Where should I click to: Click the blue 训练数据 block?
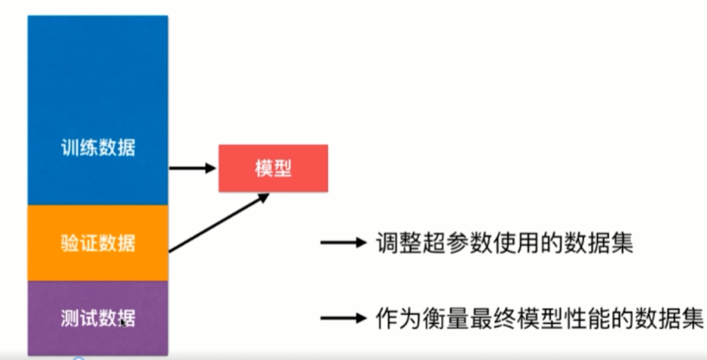tap(98, 109)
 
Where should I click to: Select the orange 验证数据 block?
tap(98, 243)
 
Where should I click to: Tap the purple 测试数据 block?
tap(98, 318)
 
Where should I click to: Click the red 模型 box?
tap(273, 168)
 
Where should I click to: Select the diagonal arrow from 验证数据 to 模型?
tap(219, 222)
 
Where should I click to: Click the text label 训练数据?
tap(98, 149)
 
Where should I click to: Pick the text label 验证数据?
tap(98, 243)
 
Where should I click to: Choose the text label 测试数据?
tap(98, 319)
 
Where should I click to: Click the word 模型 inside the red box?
tap(273, 168)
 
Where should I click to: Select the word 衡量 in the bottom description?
tap(449, 319)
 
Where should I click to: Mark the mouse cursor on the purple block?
tap(124, 322)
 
